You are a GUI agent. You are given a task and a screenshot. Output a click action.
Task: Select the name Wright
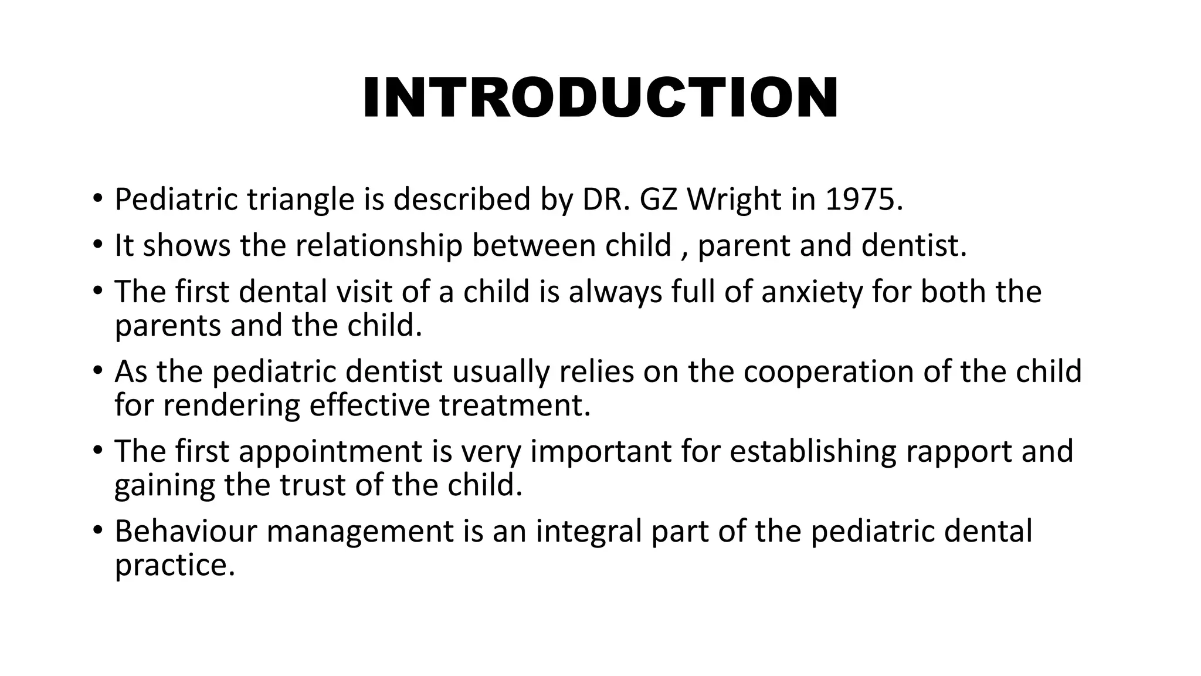tap(734, 200)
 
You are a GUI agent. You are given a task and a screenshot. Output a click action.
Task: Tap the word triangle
tap(300, 200)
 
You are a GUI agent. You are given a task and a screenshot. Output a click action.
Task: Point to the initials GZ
tap(660, 200)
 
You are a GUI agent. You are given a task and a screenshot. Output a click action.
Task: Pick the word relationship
tap(379, 245)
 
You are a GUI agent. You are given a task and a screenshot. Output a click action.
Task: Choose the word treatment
tap(515, 405)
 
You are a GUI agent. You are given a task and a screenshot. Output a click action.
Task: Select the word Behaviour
tap(185, 531)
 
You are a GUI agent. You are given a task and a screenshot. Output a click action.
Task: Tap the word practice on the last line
tap(174, 565)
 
